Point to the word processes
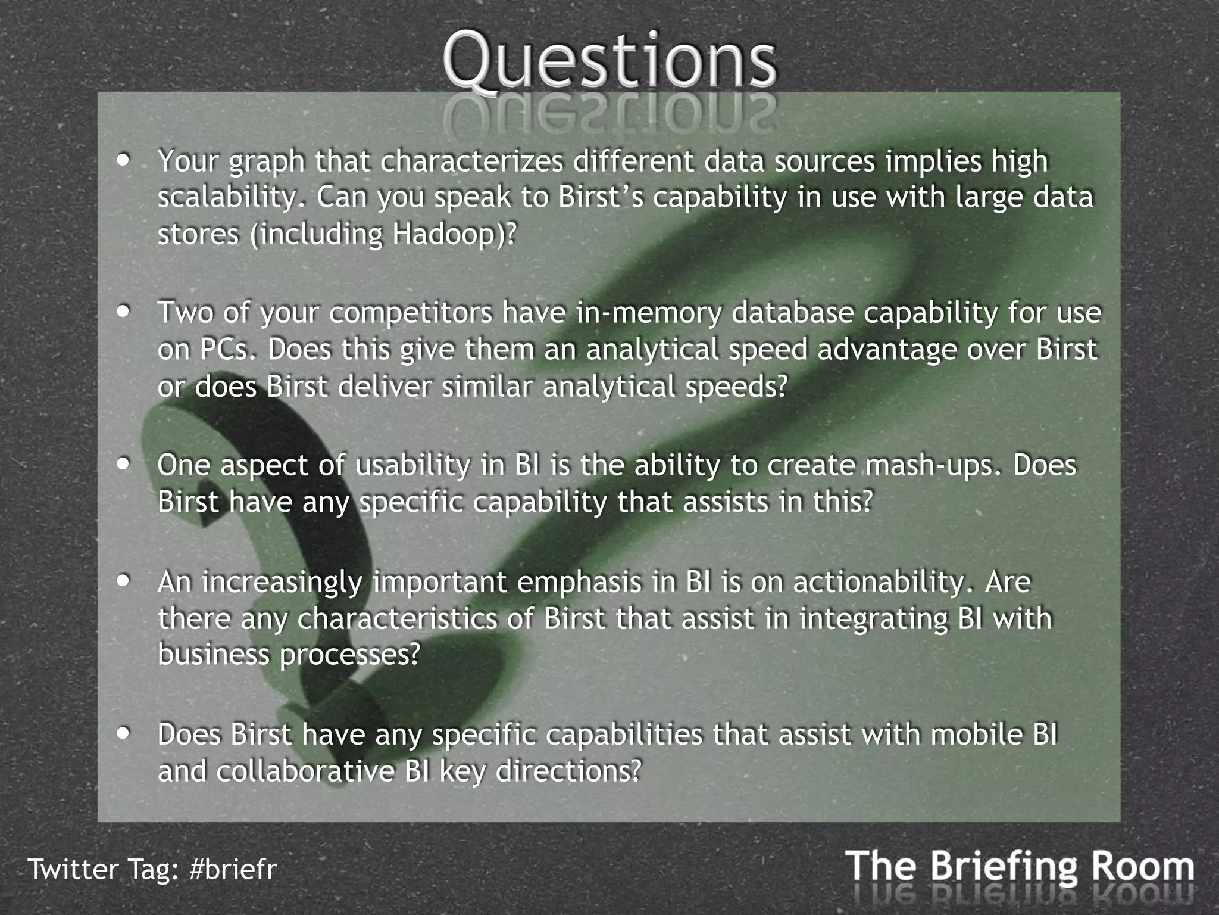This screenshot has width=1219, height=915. coord(349,655)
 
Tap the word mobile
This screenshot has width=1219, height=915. coord(973,735)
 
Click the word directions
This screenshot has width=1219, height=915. coord(568,771)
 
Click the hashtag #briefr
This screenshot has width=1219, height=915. coord(233,869)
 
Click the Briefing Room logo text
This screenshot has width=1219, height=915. coord(1019,867)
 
